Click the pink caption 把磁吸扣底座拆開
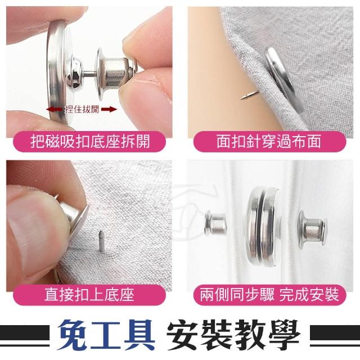coord(90,141)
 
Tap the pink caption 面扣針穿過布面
coord(268,141)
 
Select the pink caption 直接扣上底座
coord(89,295)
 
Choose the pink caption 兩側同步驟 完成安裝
coord(269,295)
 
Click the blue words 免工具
coord(106,335)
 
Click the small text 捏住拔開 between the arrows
coord(82,109)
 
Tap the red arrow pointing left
coord(55,109)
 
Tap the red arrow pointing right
coord(109,109)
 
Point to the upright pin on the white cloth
coord(101,241)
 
